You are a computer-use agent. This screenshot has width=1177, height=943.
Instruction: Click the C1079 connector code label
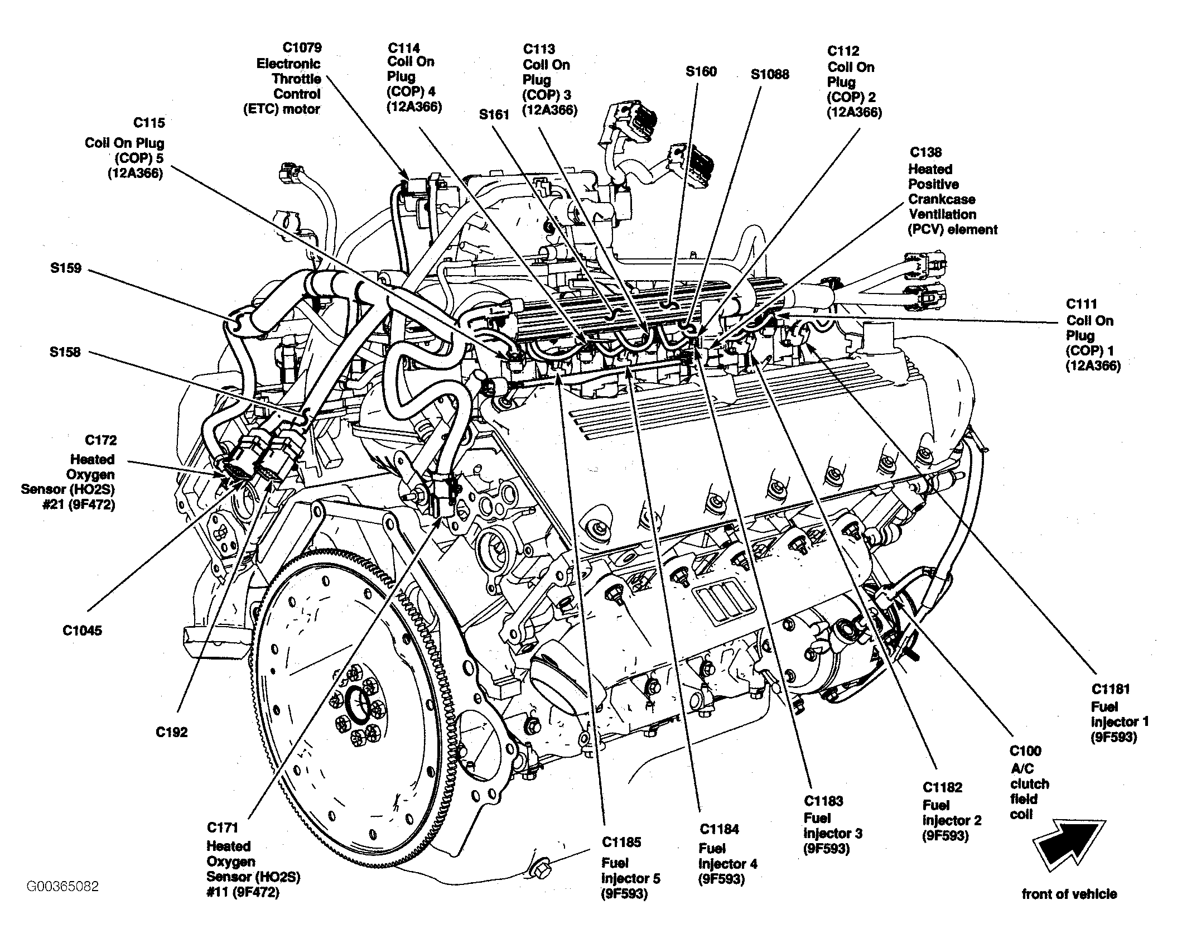point(302,47)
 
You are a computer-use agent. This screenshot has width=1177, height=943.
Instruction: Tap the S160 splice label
point(701,71)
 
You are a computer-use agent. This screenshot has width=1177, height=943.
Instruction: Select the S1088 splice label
point(770,74)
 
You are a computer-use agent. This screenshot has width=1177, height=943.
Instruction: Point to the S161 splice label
point(494,114)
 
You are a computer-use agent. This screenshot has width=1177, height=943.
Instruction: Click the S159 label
point(66,268)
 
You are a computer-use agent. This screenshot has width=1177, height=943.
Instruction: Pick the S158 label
point(65,352)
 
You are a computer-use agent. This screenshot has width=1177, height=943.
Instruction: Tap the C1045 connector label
point(82,631)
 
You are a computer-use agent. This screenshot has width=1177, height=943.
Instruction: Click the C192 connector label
point(172,733)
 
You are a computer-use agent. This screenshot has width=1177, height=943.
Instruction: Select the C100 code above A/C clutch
point(1025,751)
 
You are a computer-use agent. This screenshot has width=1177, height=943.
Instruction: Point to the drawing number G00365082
point(62,886)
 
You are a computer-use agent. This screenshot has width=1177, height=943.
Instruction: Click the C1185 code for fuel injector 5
point(621,842)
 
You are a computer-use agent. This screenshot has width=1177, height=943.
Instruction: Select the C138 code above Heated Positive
point(925,152)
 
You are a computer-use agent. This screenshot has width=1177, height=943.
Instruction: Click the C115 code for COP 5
point(149,123)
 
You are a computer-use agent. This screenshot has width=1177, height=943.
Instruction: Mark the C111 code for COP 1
point(1082,304)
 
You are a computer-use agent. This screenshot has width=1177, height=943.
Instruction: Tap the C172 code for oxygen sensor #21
point(101,441)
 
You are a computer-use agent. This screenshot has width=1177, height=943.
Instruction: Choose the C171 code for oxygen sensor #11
point(223,827)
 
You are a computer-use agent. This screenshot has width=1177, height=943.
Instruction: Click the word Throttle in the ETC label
point(296,79)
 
